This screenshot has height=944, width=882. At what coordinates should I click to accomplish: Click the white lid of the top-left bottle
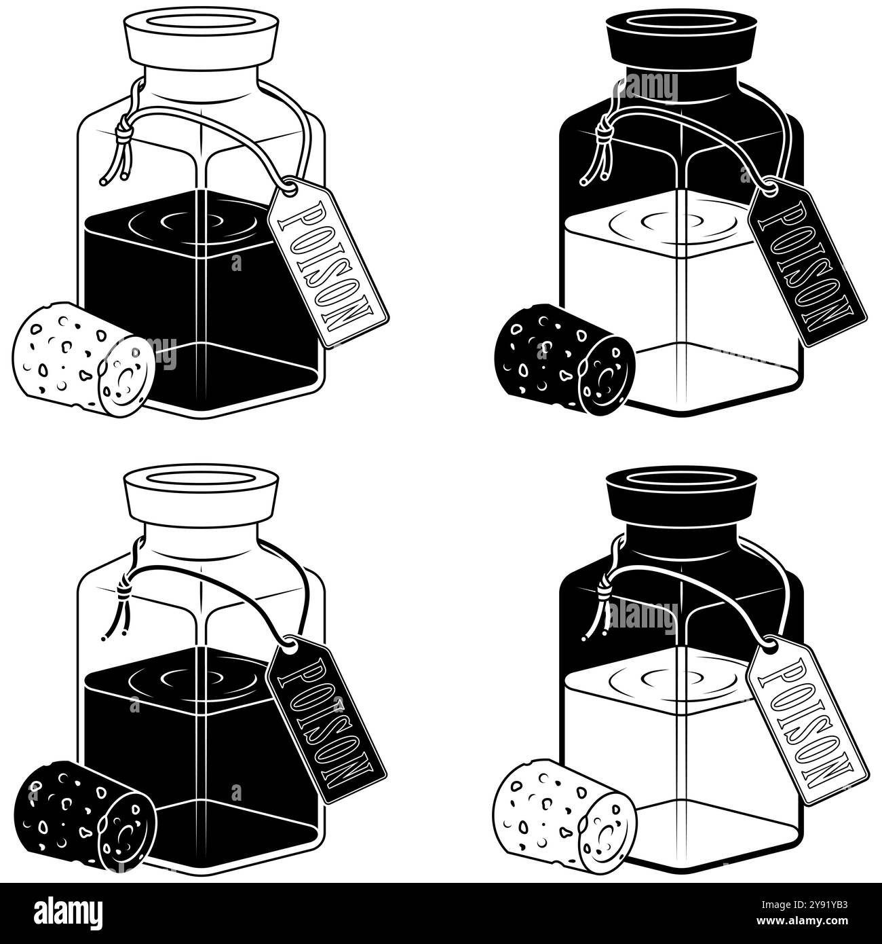coord(202,37)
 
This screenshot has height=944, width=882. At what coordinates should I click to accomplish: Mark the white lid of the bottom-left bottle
coord(202,494)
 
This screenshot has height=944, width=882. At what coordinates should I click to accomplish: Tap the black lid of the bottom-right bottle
coord(681,494)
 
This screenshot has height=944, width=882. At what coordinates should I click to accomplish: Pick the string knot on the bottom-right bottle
coord(602,589)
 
